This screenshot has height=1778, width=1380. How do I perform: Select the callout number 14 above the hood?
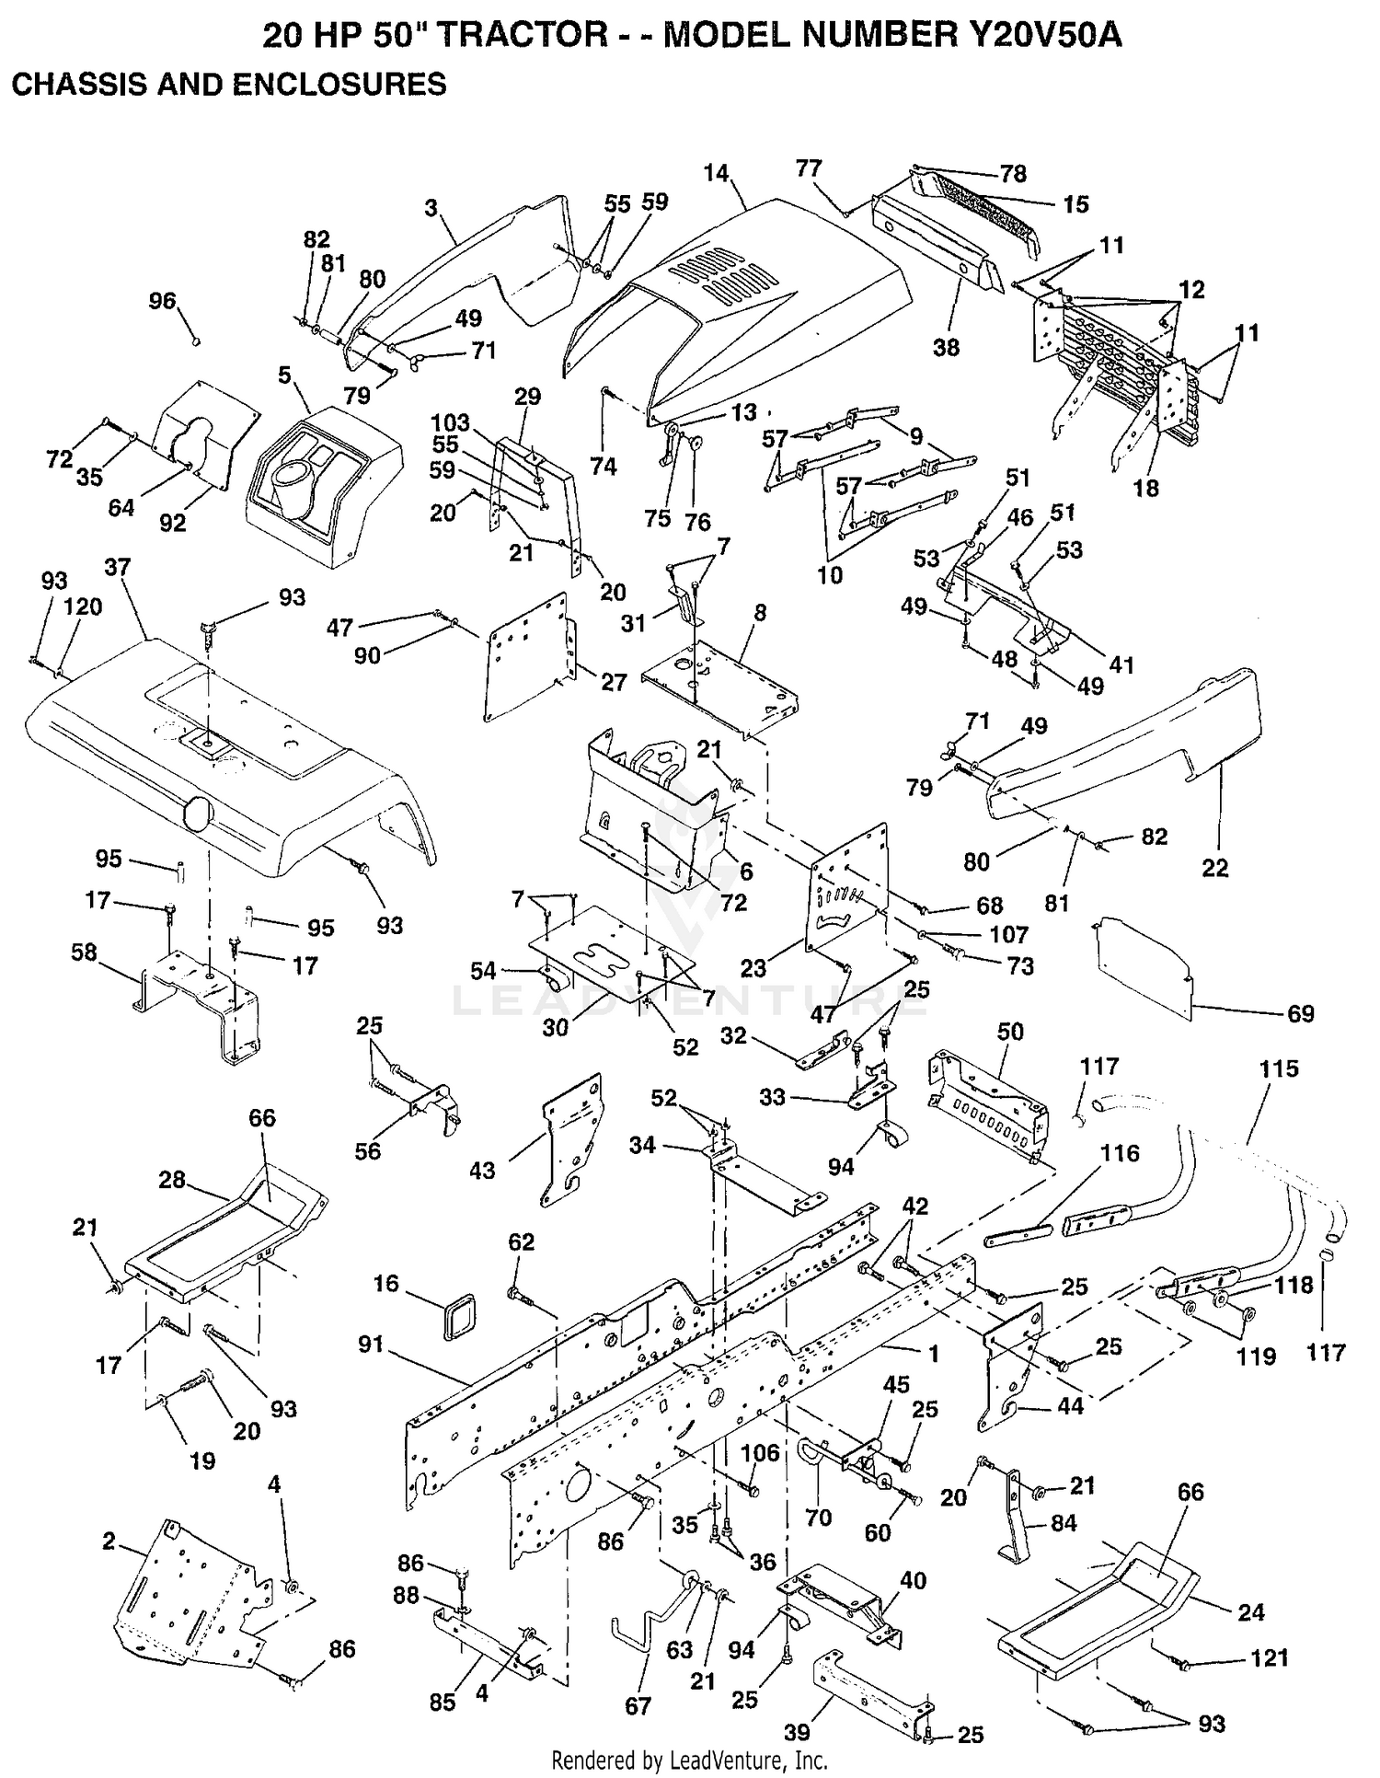[715, 173]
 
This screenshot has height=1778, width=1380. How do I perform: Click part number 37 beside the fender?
[118, 568]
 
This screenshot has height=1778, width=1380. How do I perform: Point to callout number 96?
[162, 301]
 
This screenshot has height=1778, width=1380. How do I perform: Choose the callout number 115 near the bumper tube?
[1279, 1068]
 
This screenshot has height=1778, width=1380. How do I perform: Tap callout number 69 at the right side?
[1300, 1013]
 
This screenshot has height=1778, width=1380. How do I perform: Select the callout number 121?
[1271, 1657]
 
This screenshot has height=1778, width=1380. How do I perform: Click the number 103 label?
[450, 423]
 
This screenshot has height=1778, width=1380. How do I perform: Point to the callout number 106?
[760, 1453]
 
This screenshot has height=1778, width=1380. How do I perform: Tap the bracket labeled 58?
[197, 1007]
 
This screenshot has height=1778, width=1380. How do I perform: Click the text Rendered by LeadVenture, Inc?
[689, 1761]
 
